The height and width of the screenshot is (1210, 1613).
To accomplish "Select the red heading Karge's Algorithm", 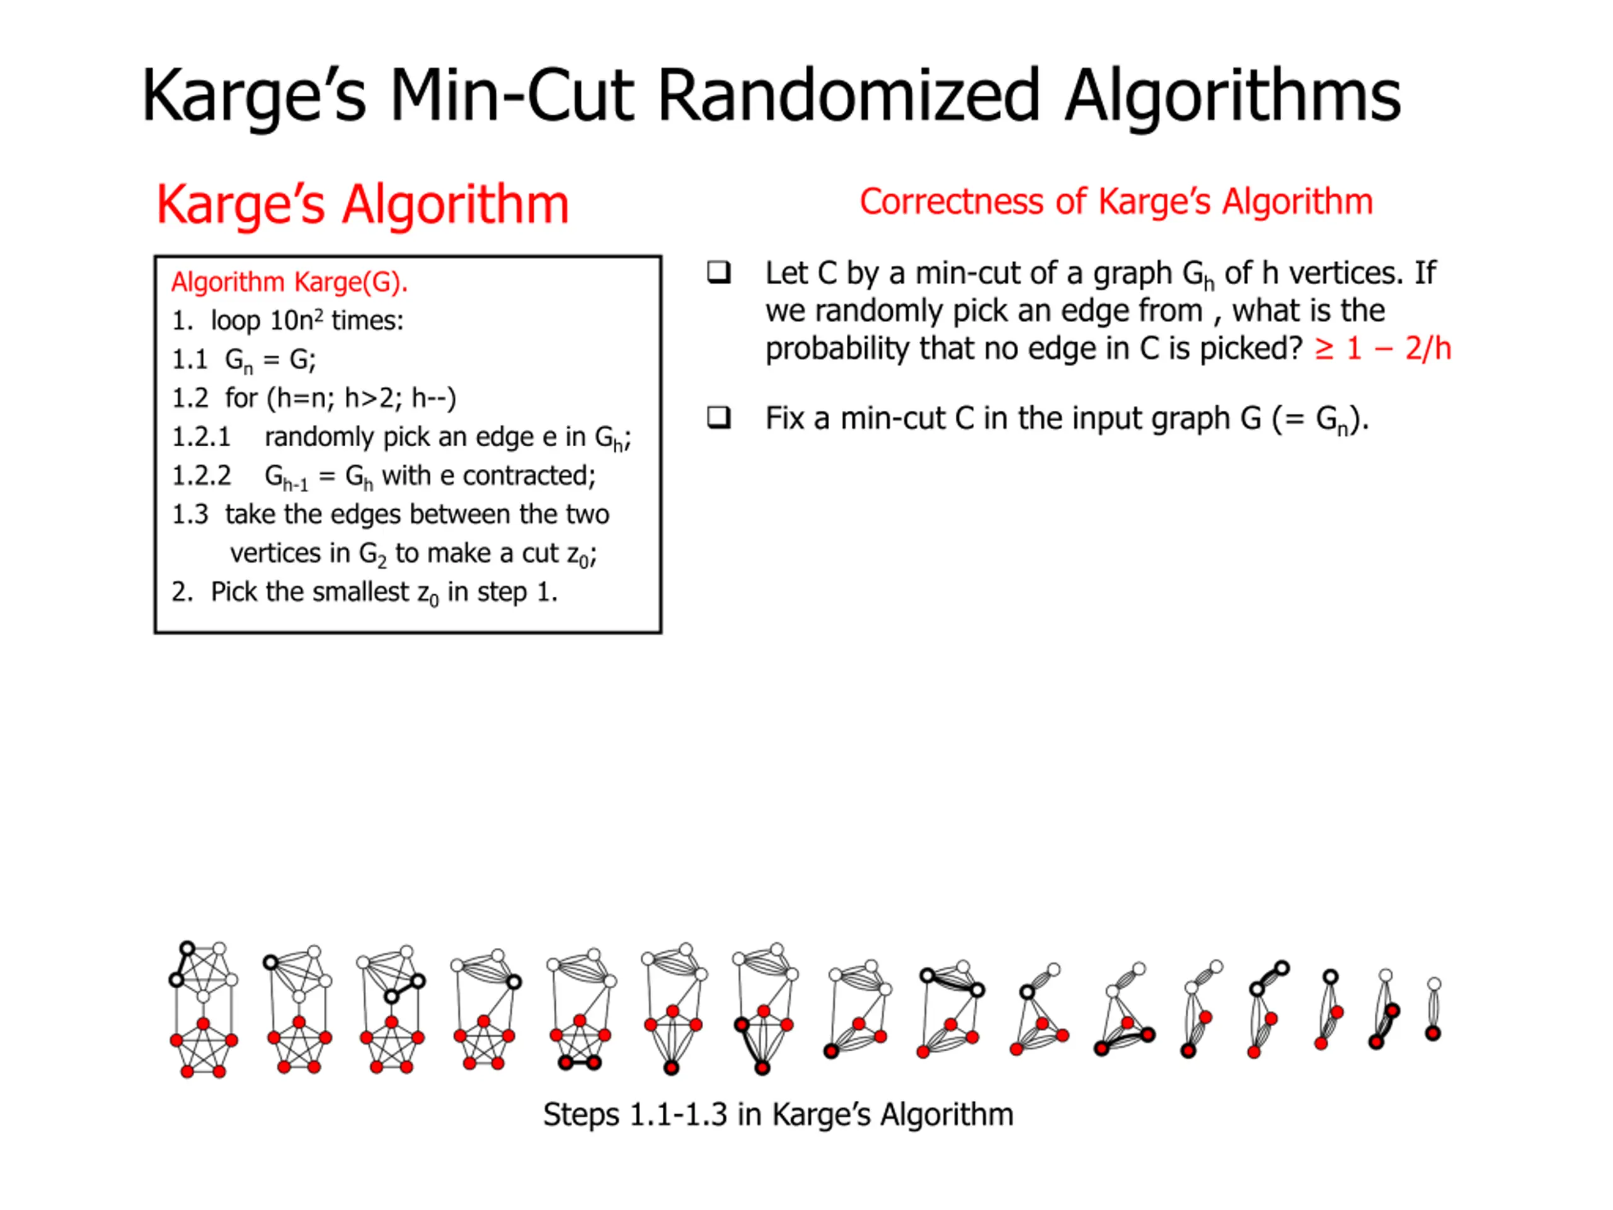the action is (362, 204).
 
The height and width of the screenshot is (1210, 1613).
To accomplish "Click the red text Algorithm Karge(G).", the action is (289, 282).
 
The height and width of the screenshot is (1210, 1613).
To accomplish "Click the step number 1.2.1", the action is (200, 437).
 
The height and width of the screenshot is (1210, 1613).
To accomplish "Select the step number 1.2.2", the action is (201, 476).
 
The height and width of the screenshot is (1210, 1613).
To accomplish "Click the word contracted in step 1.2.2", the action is (528, 476).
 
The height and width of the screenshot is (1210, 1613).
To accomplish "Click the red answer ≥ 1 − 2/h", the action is (1382, 349).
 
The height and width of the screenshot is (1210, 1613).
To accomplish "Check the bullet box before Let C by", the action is (719, 273).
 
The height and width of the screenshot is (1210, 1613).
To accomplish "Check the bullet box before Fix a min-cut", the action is (719, 418).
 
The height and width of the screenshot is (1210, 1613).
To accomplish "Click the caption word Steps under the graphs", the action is (581, 1114).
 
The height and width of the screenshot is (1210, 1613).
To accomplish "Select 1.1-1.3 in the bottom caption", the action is (678, 1114).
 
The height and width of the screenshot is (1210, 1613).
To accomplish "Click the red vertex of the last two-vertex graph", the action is (1433, 1034).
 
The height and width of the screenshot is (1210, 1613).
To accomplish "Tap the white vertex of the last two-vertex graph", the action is (1434, 984).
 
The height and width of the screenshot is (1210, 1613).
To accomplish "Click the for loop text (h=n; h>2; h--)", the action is (362, 398).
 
